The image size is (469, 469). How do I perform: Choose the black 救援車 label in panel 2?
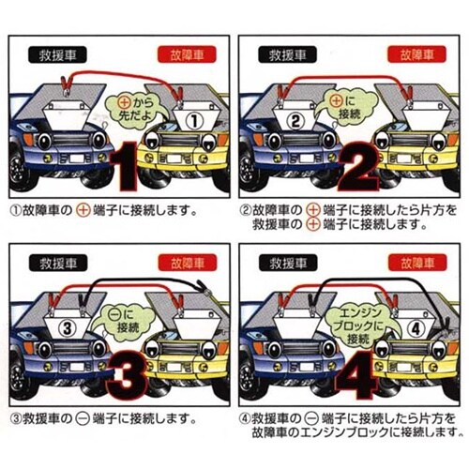tap(292, 55)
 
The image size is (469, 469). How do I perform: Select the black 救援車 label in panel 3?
tap(57, 264)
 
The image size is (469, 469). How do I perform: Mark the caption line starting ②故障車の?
tap(347, 208)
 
